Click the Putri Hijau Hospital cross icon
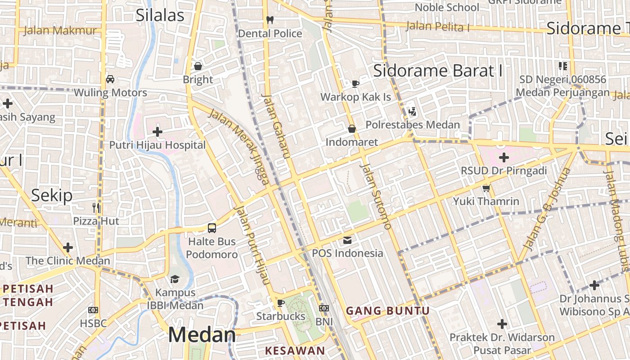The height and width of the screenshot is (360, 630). click(157, 132)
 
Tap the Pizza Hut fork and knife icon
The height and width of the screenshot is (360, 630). click(96, 208)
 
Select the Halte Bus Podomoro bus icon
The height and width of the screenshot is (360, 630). click(212, 228)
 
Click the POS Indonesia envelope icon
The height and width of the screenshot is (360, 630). click(347, 240)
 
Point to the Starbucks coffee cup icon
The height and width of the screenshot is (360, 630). click(281, 303)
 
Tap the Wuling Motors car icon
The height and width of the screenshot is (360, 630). click(110, 79)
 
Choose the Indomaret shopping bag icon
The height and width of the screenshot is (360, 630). click(352, 129)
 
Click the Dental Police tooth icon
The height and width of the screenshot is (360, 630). click(270, 20)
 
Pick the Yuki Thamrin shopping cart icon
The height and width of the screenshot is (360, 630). click(486, 188)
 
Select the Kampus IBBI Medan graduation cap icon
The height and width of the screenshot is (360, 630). click(175, 279)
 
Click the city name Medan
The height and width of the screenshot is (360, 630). click(202, 335)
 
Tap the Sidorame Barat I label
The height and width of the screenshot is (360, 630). click(438, 71)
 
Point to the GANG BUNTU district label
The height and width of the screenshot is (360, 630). click(387, 310)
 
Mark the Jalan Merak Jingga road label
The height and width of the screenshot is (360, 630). click(239, 146)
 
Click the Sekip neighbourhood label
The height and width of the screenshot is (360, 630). click(52, 195)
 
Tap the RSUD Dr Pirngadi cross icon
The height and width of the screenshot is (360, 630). click(504, 157)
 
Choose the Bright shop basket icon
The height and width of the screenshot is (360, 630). click(198, 67)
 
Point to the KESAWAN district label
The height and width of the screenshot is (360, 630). click(295, 351)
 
